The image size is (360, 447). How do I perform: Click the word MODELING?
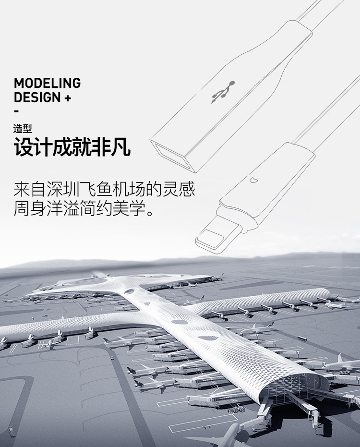tap(47, 83)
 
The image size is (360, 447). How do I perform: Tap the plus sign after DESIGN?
tap(67, 98)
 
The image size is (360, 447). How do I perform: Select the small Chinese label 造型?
tap(23, 128)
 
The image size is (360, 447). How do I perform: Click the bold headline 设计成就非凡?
tap(72, 148)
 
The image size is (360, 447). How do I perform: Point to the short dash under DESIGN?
tap(16, 111)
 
